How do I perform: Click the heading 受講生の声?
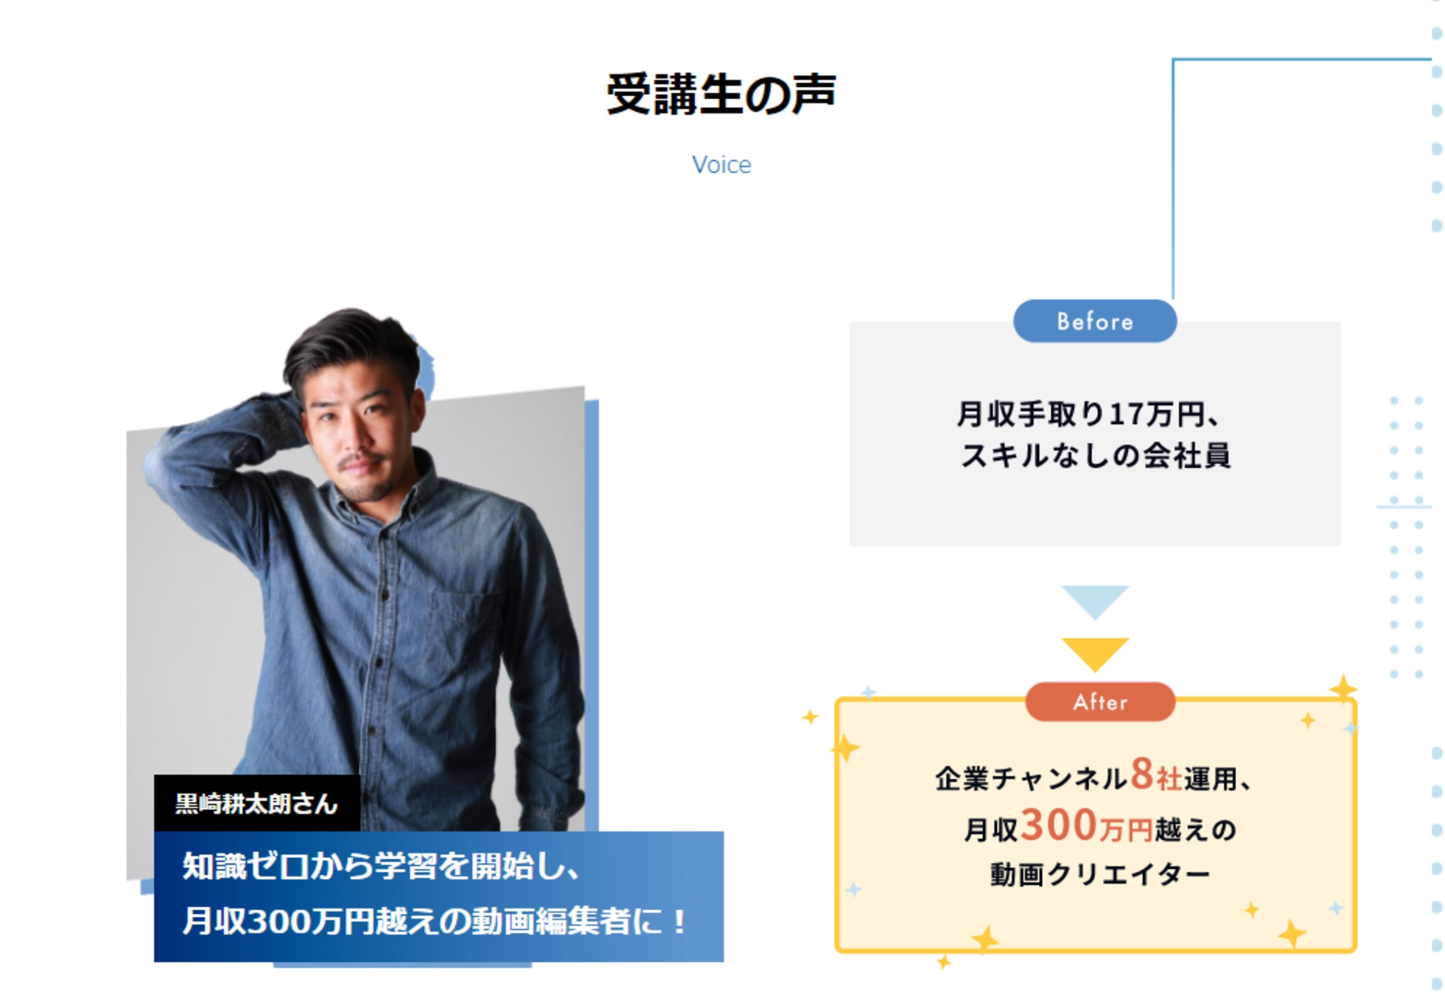[721, 94]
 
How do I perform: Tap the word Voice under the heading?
[721, 165]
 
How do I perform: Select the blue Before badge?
[1094, 321]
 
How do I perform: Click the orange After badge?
[1100, 702]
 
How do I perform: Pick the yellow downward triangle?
[1095, 652]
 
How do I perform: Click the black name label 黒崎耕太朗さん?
[256, 803]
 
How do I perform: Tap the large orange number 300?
[1057, 825]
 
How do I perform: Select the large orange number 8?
[1142, 774]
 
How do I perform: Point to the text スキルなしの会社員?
[1095, 456]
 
